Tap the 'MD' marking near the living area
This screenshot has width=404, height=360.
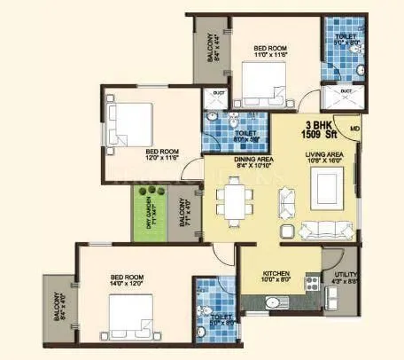[353, 131]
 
